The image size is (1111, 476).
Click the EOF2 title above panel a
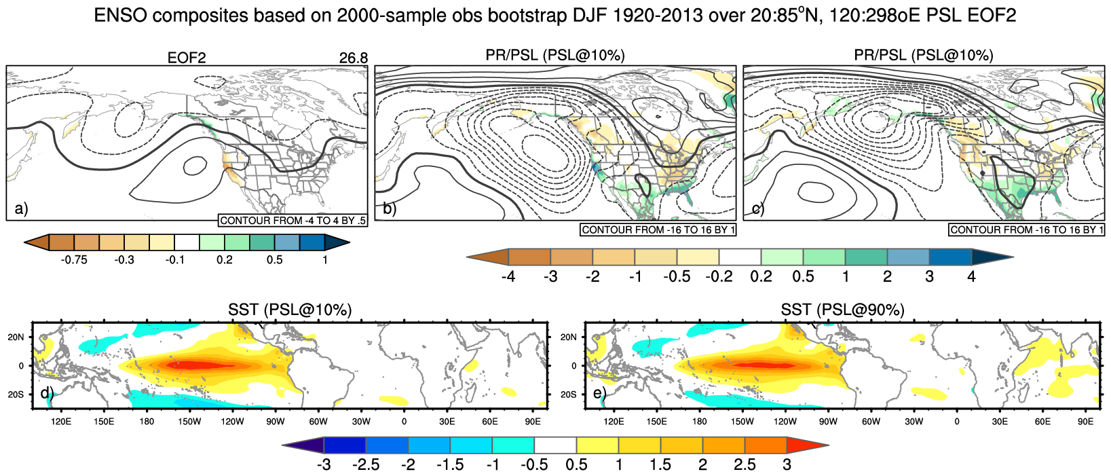pyautogui.click(x=187, y=58)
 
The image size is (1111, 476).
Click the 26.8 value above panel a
pyautogui.click(x=353, y=58)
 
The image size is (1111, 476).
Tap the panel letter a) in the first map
pyautogui.click(x=21, y=208)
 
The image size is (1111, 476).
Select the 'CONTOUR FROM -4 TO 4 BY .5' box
pyautogui.click(x=293, y=221)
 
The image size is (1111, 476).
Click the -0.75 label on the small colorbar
pyautogui.click(x=75, y=260)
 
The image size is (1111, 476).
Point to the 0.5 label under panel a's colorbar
pyautogui.click(x=274, y=260)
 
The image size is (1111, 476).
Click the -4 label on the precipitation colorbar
pyautogui.click(x=507, y=276)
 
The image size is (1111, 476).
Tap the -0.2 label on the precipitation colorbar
pyautogui.click(x=718, y=276)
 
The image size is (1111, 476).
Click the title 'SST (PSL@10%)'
pyautogui.click(x=290, y=310)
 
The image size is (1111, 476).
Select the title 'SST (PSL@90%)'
pyautogui.click(x=842, y=310)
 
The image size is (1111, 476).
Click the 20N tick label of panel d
pyautogui.click(x=16, y=337)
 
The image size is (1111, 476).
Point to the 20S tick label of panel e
pyautogui.click(x=569, y=395)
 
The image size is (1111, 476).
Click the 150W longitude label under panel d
pyautogui.click(x=189, y=422)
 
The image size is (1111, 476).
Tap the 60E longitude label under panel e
pyautogui.click(x=1042, y=422)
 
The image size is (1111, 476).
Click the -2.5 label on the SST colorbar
pyautogui.click(x=365, y=465)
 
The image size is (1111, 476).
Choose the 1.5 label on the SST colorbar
pyautogui.click(x=660, y=465)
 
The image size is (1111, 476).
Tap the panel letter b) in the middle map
pyautogui.click(x=390, y=208)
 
